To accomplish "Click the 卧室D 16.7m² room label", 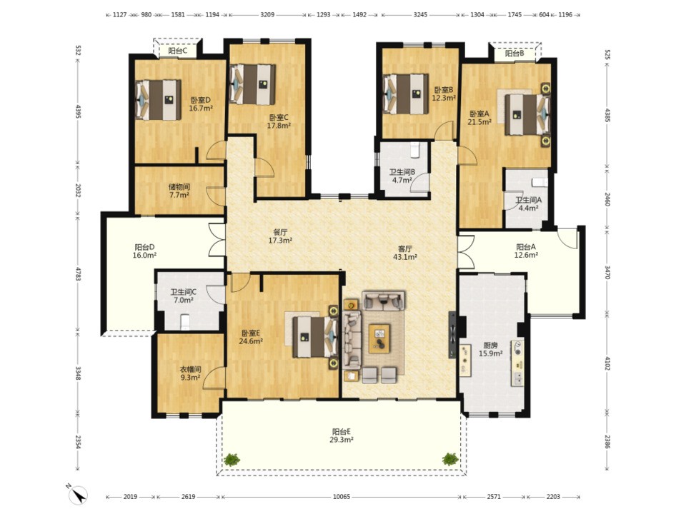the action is (x=201, y=104).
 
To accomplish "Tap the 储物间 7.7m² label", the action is (x=179, y=191).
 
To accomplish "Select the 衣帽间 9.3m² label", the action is (x=190, y=373).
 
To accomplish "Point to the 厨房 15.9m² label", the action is (x=490, y=350).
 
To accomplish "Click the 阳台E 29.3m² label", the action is (x=342, y=435).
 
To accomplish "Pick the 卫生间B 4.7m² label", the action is (x=402, y=176).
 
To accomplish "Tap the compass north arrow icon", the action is (x=78, y=494).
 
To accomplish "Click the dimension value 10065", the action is (x=342, y=497).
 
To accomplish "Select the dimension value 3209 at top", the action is (x=267, y=14).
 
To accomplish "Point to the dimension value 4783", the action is (x=79, y=273).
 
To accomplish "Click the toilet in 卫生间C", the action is (x=185, y=321).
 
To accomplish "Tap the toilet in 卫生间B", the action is (x=415, y=150).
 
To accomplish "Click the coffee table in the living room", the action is (x=379, y=338).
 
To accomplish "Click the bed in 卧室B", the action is (x=406, y=94).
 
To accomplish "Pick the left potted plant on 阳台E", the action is (x=232, y=459).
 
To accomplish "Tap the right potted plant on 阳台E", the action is (x=450, y=459).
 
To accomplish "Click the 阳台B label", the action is (x=514, y=54).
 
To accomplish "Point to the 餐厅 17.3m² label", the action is (x=280, y=236).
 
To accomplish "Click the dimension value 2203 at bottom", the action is (x=553, y=497).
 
